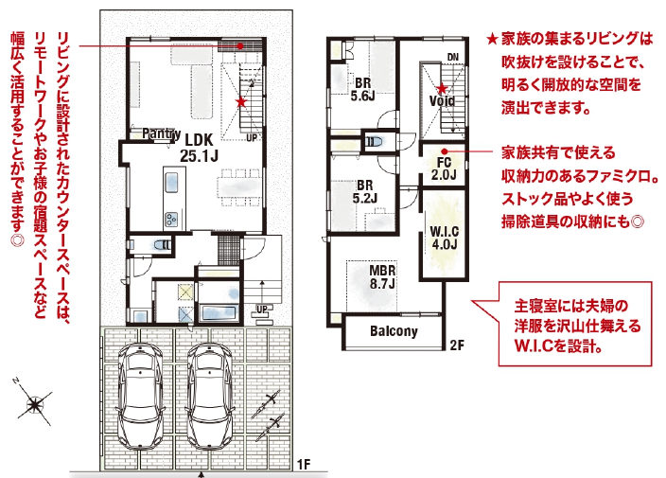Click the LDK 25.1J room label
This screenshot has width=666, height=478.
(199, 147)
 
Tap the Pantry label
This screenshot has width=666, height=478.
(161, 133)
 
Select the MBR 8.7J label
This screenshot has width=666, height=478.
(382, 276)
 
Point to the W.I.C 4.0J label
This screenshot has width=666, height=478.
(445, 238)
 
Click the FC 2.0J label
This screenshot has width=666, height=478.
(444, 168)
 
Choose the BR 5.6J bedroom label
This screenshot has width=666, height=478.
(362, 89)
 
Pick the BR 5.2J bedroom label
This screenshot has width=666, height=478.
(365, 191)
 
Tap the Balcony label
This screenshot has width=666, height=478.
(394, 331)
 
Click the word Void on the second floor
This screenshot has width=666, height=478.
(442, 101)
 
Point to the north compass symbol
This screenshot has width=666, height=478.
(33, 401)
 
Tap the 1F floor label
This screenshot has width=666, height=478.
(304, 465)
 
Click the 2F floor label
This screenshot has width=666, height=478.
(457, 345)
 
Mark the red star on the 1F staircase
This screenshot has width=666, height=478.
(241, 102)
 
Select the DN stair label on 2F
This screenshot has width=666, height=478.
(453, 57)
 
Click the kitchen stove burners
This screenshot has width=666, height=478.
(172, 219)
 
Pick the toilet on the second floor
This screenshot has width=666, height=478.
(375, 141)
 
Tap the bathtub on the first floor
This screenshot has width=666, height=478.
(219, 313)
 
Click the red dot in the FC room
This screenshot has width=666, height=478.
(445, 151)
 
